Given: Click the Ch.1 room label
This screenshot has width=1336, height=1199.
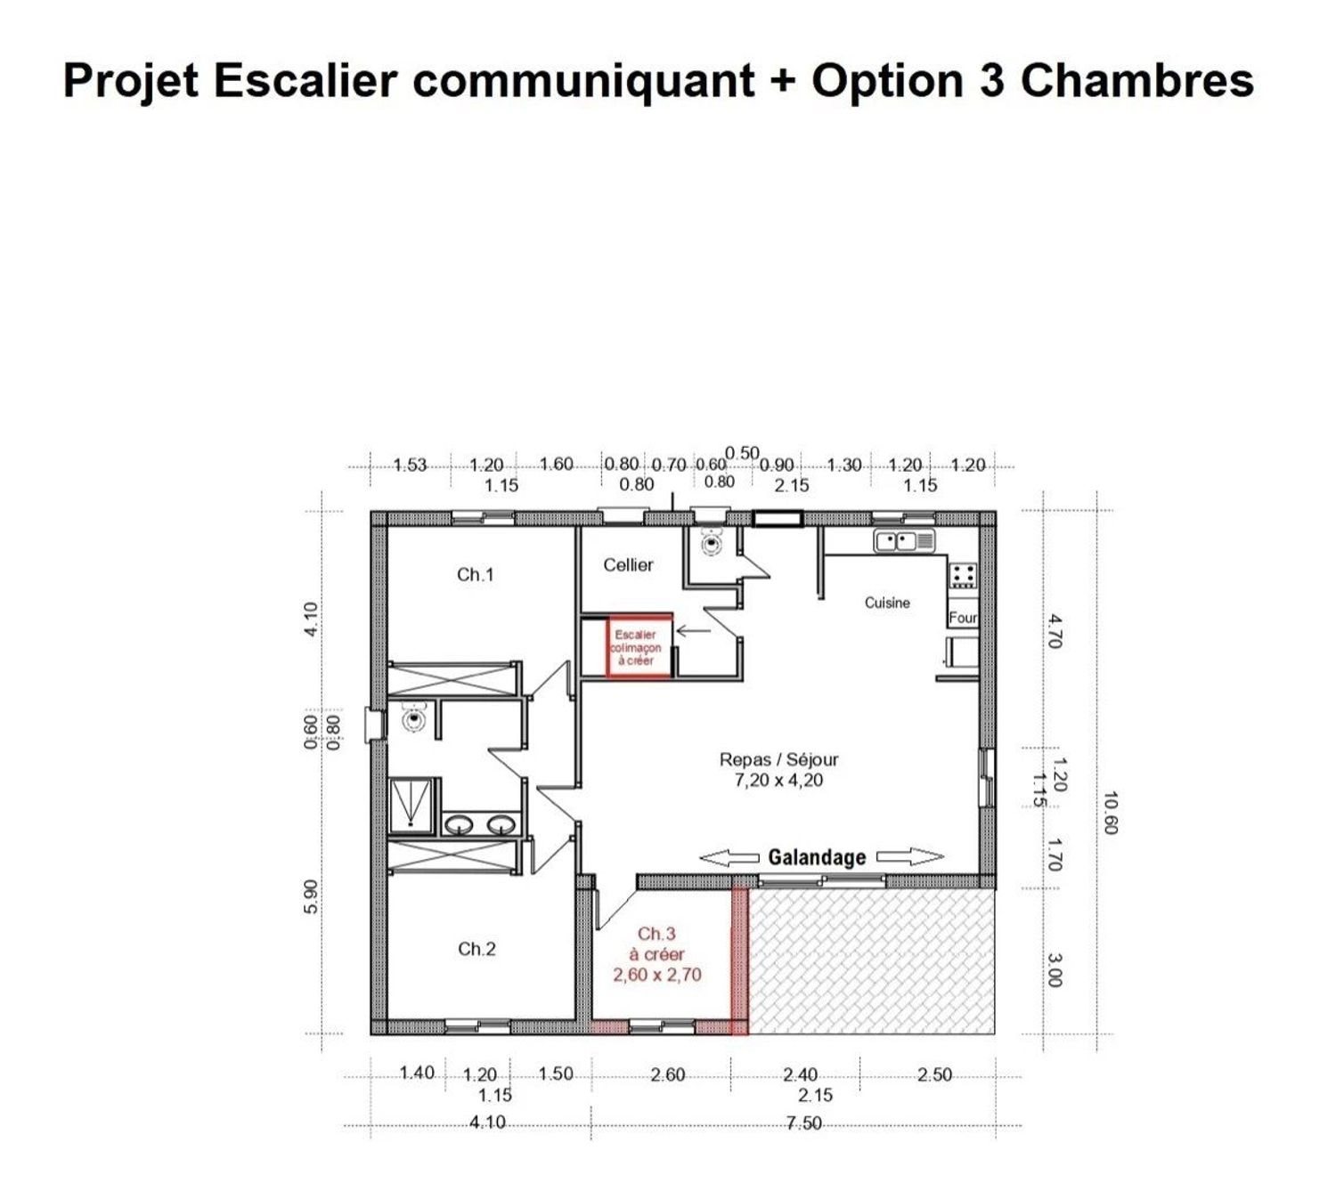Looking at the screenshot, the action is click(475, 575).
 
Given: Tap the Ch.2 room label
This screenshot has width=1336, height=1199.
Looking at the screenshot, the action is click(477, 949).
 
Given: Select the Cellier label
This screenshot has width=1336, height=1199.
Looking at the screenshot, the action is click(628, 565).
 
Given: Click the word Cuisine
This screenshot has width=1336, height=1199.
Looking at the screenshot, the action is click(887, 603).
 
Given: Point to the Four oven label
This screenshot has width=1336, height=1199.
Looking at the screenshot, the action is click(962, 618).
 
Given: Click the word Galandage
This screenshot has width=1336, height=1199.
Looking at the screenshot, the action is click(817, 857).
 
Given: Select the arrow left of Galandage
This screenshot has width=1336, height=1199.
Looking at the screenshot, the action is click(729, 857).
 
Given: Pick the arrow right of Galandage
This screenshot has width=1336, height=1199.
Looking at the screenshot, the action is click(910, 857).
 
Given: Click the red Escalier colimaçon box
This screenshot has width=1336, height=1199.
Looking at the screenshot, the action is click(639, 646).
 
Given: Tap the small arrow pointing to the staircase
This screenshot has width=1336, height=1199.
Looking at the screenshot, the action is click(694, 631).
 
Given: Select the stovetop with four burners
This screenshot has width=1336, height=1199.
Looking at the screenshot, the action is click(963, 575).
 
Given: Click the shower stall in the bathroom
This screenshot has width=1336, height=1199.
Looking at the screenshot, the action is click(411, 806).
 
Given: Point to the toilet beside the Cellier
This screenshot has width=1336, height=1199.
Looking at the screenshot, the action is click(711, 542).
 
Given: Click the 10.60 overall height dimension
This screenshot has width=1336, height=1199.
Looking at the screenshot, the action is click(1110, 814).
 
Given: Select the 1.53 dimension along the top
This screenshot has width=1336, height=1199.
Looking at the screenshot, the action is click(411, 466).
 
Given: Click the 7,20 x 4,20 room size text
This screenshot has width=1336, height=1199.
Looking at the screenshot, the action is click(778, 781).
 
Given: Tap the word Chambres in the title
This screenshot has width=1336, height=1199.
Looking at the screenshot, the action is click(1136, 80).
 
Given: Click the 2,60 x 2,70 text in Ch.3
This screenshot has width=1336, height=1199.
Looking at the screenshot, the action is click(656, 975).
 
